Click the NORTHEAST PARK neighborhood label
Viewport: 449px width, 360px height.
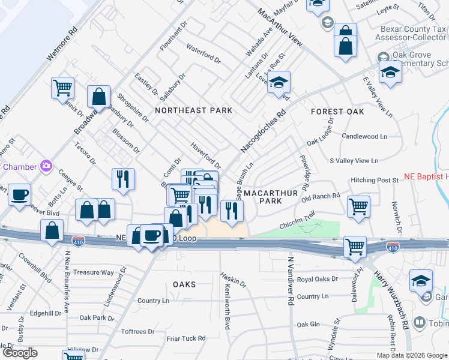click(193, 110)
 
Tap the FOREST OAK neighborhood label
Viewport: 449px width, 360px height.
click(338, 112)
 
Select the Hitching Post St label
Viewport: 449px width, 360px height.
click(375, 180)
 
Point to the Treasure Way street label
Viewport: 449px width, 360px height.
click(94, 272)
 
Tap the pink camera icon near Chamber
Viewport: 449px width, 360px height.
click(46, 166)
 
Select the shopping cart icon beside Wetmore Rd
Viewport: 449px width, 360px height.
click(62, 88)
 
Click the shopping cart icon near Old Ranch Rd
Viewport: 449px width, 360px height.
click(358, 206)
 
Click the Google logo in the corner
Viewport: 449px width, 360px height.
click(20, 352)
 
